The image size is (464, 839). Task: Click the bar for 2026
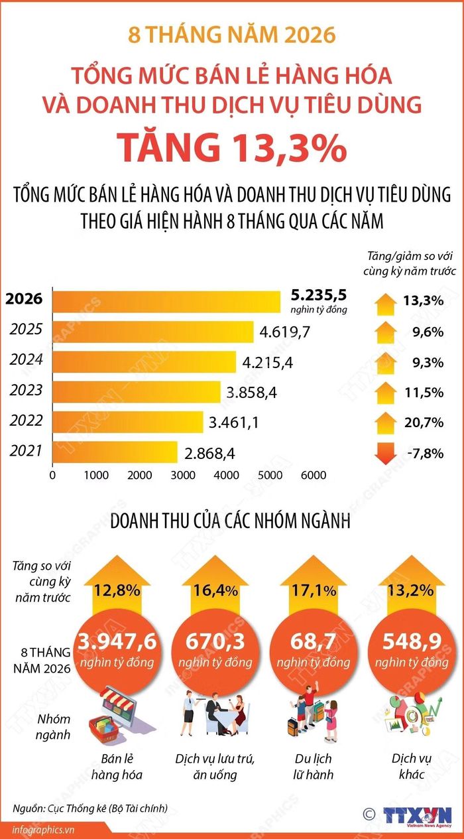point(166,302)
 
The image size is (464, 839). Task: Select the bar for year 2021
point(115,452)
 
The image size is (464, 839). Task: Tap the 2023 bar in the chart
point(137,392)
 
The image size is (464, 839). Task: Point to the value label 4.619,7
point(285,332)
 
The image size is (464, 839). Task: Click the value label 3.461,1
point(233,422)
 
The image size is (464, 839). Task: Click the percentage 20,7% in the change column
point(424,422)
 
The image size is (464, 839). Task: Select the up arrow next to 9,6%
point(386,332)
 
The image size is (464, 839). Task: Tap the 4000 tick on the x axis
point(227,475)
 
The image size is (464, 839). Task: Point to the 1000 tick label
point(96,475)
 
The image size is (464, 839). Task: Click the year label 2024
point(27,359)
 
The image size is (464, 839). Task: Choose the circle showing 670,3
point(215,652)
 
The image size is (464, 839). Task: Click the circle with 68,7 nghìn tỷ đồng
point(314,652)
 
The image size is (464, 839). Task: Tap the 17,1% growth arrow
point(314,585)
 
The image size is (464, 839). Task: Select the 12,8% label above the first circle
point(117,591)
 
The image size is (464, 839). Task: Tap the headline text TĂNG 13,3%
point(232,148)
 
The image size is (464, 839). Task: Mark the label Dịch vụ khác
point(412,766)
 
